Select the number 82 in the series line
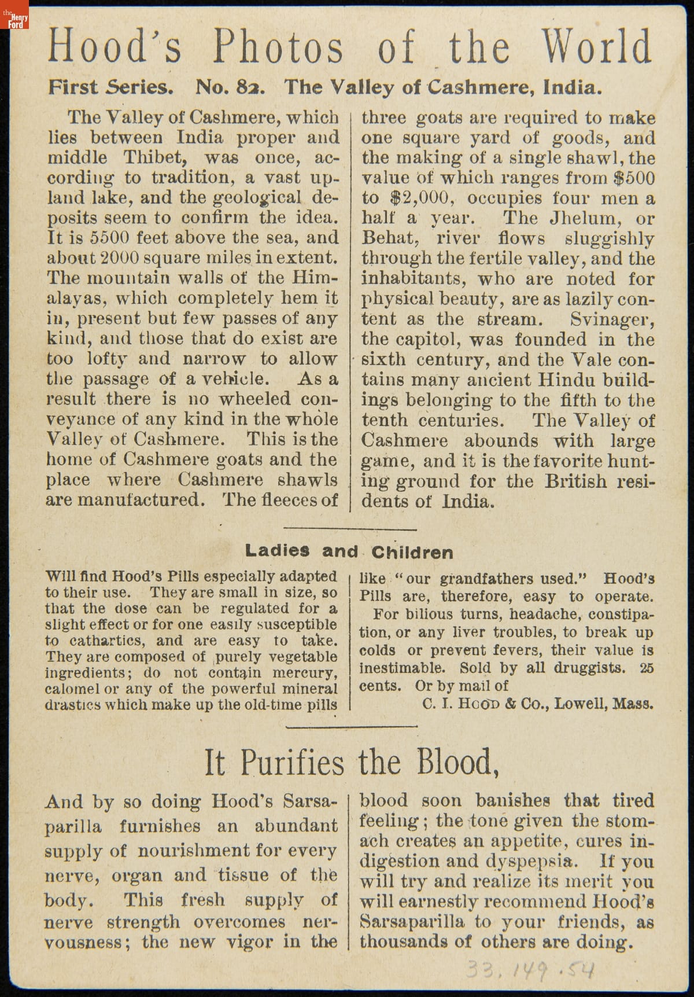click(249, 87)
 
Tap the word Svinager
click(612, 319)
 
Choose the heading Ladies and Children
click(349, 551)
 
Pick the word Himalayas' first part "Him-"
click(315, 278)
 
